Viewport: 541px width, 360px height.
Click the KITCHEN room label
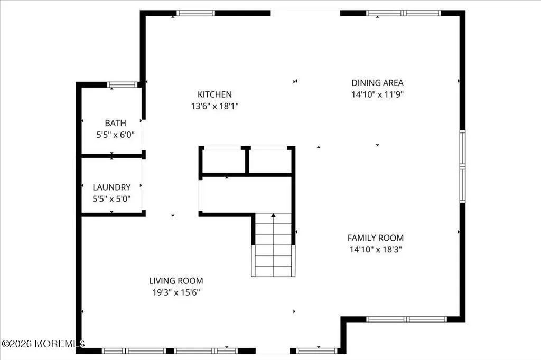tap(214, 94)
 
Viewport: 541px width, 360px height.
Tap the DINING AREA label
tap(377, 83)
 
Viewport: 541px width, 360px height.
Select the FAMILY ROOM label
tap(376, 238)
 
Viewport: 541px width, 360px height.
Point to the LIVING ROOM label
tap(176, 281)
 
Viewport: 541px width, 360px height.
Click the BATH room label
tap(115, 123)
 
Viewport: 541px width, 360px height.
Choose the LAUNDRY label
tap(111, 187)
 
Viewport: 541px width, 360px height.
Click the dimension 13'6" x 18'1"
tap(214, 106)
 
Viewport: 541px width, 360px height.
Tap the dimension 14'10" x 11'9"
tap(377, 94)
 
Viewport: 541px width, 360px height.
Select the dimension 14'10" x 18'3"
tap(376, 249)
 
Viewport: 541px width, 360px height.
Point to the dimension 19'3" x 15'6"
tap(176, 292)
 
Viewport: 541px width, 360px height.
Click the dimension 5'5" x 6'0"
tap(115, 135)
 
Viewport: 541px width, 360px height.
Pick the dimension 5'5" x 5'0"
tap(111, 198)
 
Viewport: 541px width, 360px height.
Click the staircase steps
tap(273, 245)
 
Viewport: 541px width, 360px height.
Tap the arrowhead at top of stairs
tap(273, 215)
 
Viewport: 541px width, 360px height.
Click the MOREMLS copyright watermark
tap(43, 344)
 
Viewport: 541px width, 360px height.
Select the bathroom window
tap(122, 85)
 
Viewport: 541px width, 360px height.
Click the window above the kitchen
tap(195, 13)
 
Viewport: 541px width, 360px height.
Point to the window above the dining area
tap(403, 13)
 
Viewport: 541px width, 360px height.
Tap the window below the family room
tap(406, 319)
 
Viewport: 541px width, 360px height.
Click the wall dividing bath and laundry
tap(112, 156)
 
